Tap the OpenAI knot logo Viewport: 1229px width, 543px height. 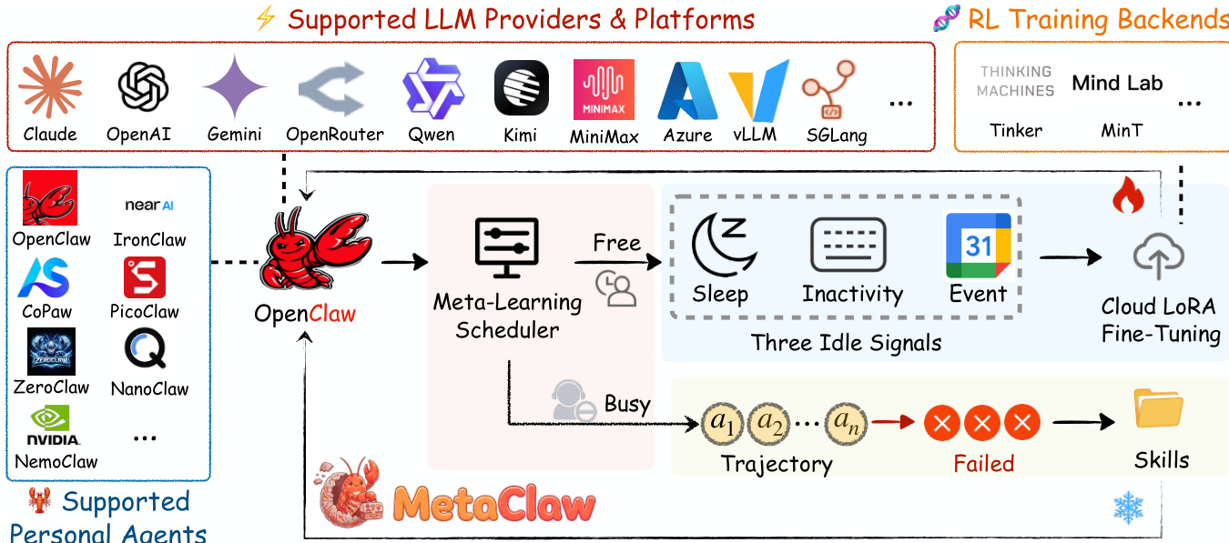pyautogui.click(x=144, y=87)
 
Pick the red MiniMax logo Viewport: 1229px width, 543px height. pyautogui.click(x=604, y=90)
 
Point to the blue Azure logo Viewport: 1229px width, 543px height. pyautogui.click(x=688, y=91)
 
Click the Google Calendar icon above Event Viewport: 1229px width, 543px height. pyautogui.click(x=979, y=246)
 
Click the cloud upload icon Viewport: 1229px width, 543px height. pyautogui.click(x=1159, y=257)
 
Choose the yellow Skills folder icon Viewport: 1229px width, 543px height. pyautogui.click(x=1159, y=409)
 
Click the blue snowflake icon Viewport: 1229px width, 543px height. pyautogui.click(x=1128, y=508)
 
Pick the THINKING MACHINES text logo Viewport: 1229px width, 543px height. pyautogui.click(x=1016, y=81)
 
